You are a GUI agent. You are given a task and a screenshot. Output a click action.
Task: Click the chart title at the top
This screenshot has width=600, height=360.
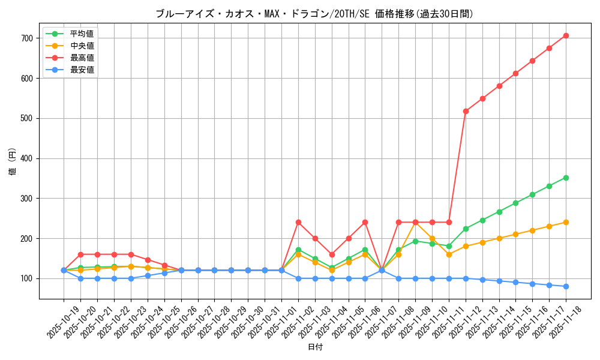tap(314, 14)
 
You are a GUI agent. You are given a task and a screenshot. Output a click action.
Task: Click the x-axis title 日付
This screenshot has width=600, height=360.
tap(315, 347)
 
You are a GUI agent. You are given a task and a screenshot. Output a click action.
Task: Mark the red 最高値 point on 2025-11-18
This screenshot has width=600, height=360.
tap(566, 35)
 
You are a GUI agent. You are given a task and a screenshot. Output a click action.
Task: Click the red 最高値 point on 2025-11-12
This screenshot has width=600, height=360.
tap(466, 111)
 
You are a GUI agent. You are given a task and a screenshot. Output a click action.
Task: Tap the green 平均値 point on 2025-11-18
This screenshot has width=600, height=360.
tap(566, 178)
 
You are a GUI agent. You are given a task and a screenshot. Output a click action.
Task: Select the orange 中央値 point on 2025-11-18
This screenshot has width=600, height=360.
tap(566, 222)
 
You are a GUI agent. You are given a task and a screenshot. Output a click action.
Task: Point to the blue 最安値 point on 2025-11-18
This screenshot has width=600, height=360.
tap(566, 286)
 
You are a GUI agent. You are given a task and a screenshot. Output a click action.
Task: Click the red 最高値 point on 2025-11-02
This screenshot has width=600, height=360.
tap(298, 222)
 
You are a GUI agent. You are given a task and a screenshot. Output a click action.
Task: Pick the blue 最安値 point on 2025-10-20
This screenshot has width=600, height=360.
tap(80, 278)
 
